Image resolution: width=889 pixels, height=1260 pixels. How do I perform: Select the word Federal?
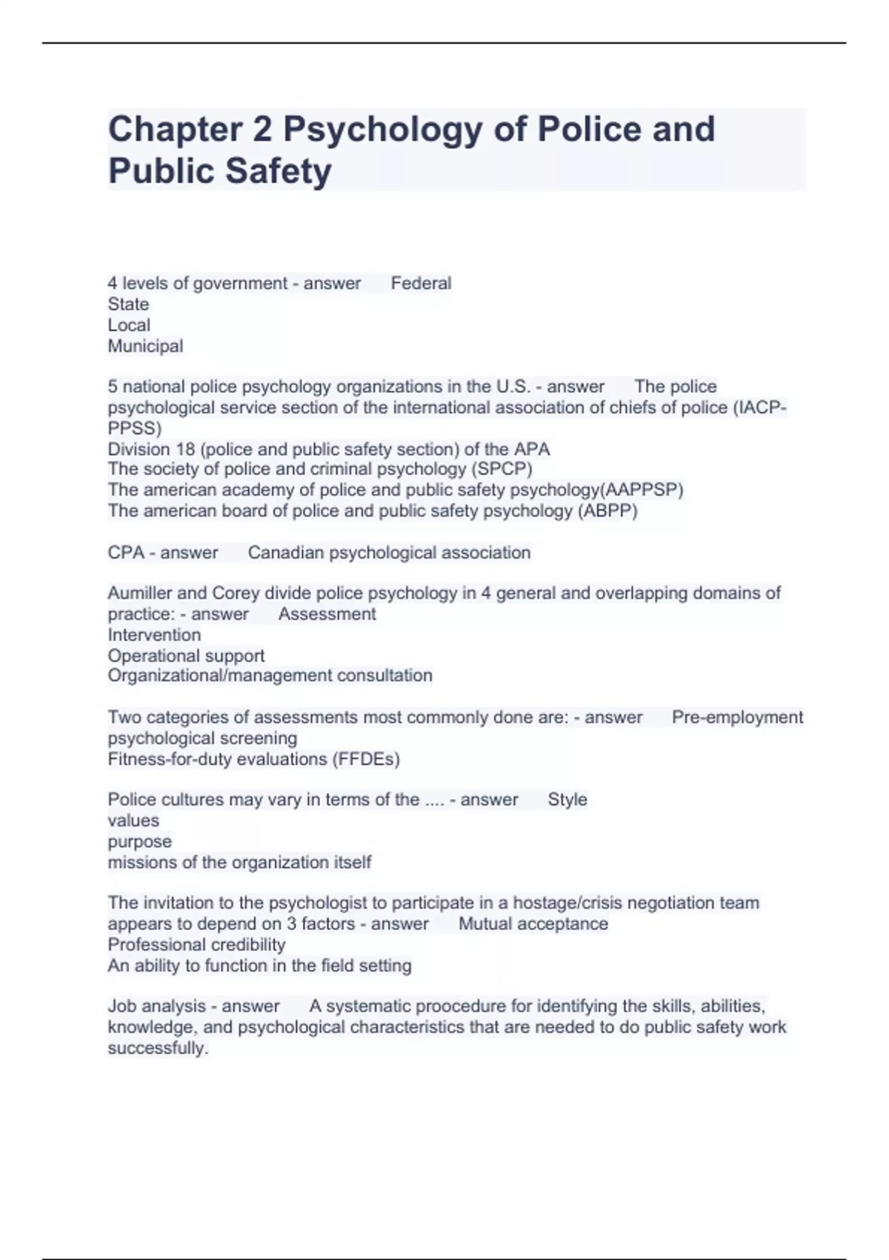click(x=421, y=283)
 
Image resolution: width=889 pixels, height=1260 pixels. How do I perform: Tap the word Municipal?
click(x=145, y=346)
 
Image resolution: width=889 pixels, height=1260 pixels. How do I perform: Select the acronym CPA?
click(x=126, y=553)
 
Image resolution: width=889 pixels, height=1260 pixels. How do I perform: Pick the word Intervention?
click(x=154, y=635)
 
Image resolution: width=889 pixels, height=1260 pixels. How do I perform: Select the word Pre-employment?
click(x=737, y=717)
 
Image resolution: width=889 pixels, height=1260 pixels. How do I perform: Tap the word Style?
click(x=567, y=800)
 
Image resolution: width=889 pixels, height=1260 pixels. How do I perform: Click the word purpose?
click(x=139, y=842)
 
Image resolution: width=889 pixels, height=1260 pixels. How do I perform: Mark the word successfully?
click(x=158, y=1048)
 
